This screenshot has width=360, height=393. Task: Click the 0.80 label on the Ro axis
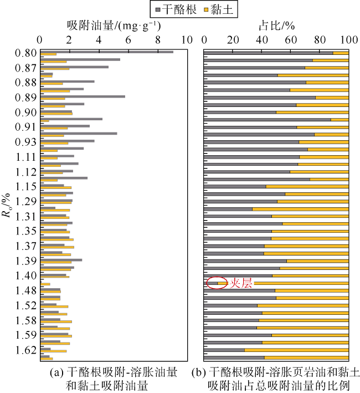coord(26,53)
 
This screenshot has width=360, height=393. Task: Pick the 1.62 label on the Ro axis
coord(26,350)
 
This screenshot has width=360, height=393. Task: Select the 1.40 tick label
coord(26,275)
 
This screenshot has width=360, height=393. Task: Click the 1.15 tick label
coord(26,186)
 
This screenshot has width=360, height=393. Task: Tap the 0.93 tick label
coord(26,142)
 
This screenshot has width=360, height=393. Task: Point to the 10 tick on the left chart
coord(186,40)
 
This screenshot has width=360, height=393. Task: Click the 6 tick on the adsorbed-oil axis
coord(128,40)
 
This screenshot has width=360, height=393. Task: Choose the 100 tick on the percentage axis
coord(348,40)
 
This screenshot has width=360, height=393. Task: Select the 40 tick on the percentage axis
coord(262,40)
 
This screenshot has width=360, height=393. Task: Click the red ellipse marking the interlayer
coord(217,283)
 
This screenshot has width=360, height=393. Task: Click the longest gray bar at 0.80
coord(107,52)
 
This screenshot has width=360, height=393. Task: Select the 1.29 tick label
coord(26,201)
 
